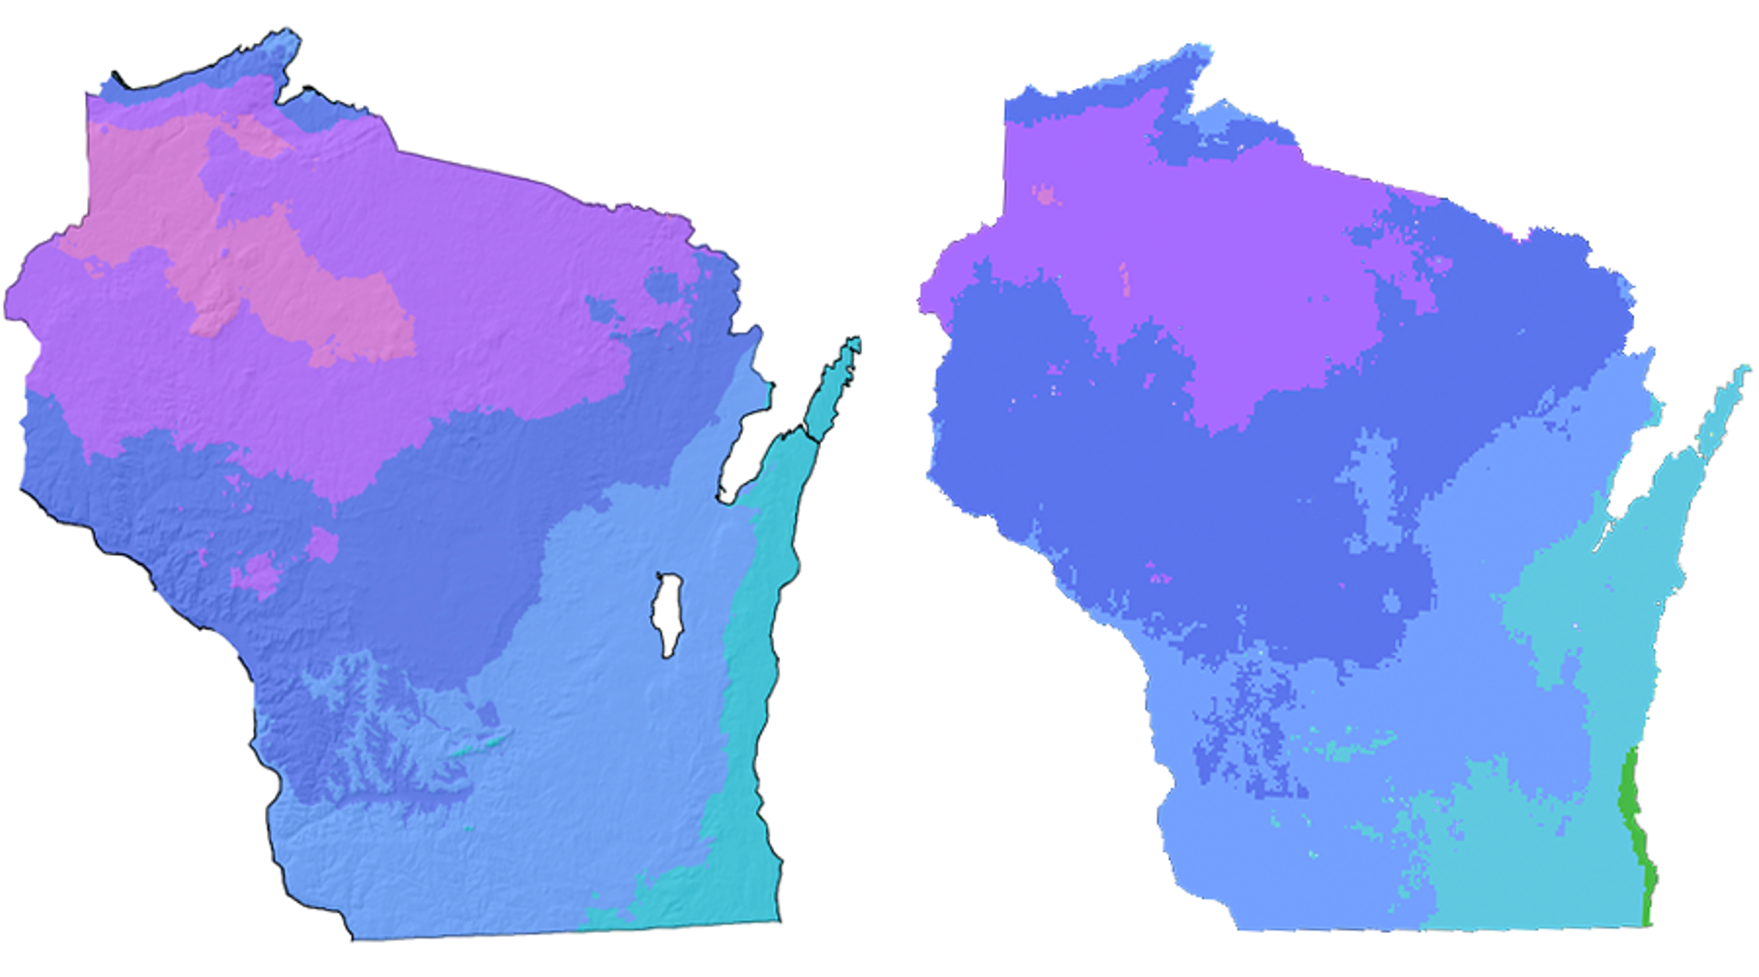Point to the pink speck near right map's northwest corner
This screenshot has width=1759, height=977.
(1043, 194)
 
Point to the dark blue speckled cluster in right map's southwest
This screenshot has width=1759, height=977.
(1246, 733)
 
